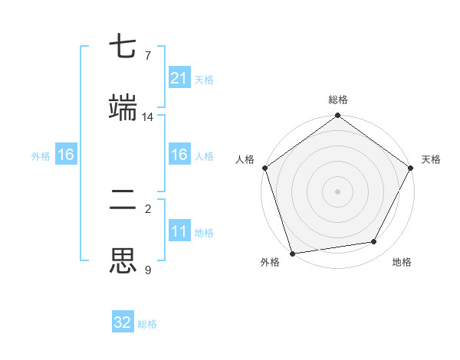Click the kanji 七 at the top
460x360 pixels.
tap(123, 48)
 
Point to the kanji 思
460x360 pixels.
tap(123, 260)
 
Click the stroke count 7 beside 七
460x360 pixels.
tap(147, 56)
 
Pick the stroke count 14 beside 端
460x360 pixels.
tap(147, 116)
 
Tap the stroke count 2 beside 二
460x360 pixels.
tap(147, 209)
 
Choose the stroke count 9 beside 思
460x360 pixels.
tap(147, 269)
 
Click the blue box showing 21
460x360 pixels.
tap(179, 78)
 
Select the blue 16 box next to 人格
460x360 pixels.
tap(179, 155)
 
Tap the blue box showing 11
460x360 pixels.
tap(179, 231)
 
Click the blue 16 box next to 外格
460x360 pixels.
tap(66, 155)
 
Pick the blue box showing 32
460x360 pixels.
tap(123, 322)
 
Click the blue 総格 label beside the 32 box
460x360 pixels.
tap(147, 324)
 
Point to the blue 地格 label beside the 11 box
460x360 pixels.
tap(204, 232)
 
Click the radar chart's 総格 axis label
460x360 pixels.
tap(338, 100)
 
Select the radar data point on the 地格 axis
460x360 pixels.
tap(374, 242)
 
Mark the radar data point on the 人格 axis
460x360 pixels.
tap(264, 168)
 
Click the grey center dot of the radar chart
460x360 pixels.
tap(338, 191)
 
